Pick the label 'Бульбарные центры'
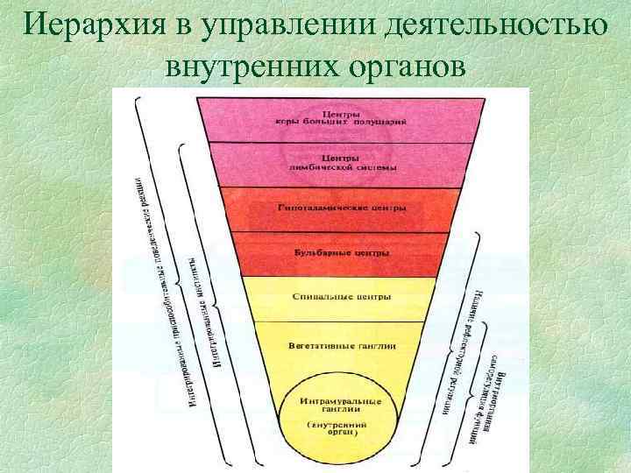tap(341, 252)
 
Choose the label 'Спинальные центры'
tap(341, 297)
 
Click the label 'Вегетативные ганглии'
tap(341, 345)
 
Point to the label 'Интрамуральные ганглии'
tap(341, 405)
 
